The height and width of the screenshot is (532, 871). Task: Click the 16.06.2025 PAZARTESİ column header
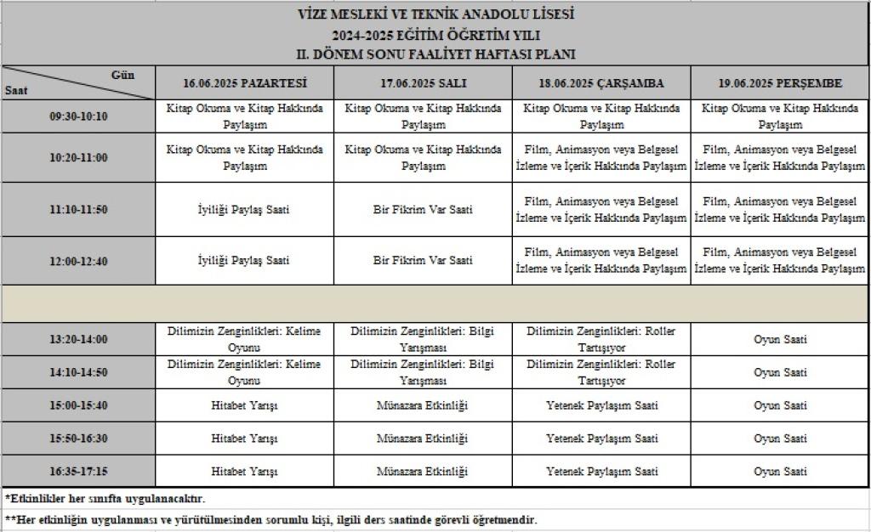pos(244,83)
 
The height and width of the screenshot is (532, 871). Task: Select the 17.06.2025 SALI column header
pos(423,83)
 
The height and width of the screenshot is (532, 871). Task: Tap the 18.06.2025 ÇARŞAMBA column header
pos(601,83)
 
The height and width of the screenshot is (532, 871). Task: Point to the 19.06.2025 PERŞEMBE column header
pos(780,83)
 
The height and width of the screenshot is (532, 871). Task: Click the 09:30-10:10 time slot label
pos(78,116)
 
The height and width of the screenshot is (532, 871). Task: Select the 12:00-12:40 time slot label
pos(78,261)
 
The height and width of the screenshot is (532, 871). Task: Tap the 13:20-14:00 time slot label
pos(78,339)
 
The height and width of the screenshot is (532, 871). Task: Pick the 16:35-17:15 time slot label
pos(78,472)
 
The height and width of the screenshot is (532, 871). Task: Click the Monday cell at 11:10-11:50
pos(244,209)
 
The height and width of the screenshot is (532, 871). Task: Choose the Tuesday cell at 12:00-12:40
pos(423,260)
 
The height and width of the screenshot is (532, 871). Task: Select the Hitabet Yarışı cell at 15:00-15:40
pos(244,405)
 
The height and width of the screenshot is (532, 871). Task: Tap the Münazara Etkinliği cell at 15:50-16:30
pos(423,439)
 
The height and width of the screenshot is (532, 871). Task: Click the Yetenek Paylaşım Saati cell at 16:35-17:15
pos(601,472)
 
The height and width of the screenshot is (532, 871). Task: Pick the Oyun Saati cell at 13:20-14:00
pos(780,339)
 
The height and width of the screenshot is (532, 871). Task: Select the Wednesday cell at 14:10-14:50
pos(601,372)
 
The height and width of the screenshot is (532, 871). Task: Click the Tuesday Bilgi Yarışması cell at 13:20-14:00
pos(423,339)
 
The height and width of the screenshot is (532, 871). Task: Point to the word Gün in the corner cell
pos(122,75)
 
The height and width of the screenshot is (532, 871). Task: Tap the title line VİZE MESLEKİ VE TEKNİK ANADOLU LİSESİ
pos(435,15)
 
